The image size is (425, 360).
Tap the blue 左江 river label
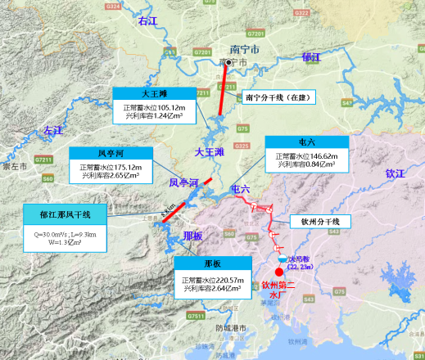tap(52, 130)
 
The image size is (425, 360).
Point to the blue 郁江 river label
tap(311, 56)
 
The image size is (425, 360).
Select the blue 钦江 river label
tap(395, 173)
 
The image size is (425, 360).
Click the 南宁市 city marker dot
tap(229, 61)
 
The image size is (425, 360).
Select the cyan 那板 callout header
tap(212, 263)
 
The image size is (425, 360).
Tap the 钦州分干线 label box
tap(321, 222)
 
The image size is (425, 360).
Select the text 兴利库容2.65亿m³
tap(110, 175)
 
